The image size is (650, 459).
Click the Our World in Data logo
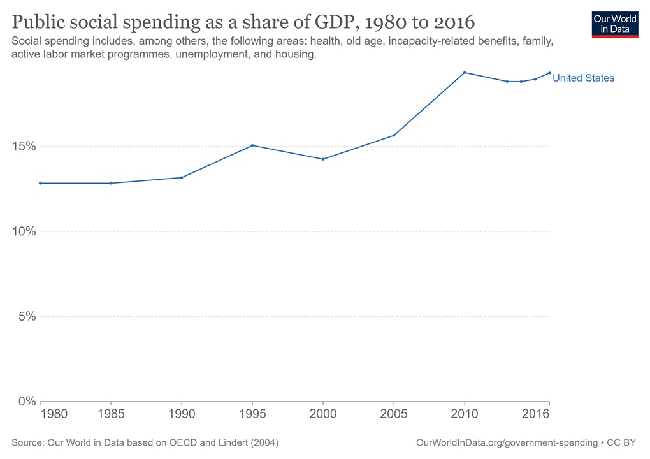[x=614, y=24]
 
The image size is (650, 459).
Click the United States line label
[x=583, y=78]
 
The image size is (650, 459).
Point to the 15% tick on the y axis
[x=25, y=147]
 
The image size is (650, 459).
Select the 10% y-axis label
[x=25, y=231]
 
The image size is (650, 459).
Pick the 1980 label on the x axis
[x=54, y=414]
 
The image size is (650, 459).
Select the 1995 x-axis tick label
[x=252, y=414]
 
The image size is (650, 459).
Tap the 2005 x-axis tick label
[x=394, y=414]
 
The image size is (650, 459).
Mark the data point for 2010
[x=465, y=73]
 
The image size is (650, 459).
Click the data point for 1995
[x=252, y=145]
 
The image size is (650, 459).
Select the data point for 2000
[x=323, y=159]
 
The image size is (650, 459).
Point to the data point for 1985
[x=111, y=183]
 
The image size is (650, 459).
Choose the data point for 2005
[x=394, y=135]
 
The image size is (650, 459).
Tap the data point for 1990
[x=182, y=177]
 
